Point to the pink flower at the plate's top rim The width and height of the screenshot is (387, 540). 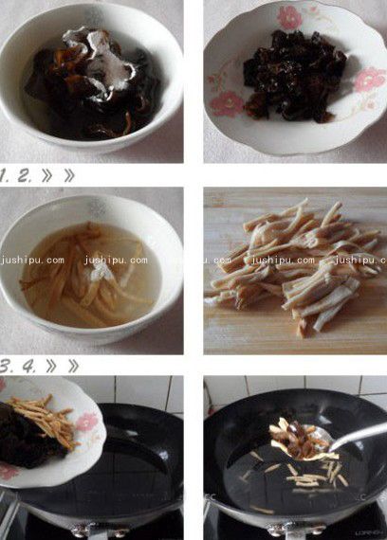click(x=290, y=17)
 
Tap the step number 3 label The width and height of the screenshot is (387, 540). click(x=7, y=366)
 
